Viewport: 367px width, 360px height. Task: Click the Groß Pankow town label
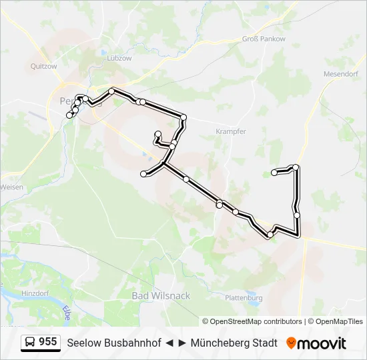coord(264,39)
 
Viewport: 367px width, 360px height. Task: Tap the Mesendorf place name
coord(340,74)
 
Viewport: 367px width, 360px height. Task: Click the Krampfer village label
coord(231,132)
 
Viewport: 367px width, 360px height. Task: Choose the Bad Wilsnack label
coord(161,295)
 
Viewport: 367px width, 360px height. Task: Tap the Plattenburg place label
coord(245,297)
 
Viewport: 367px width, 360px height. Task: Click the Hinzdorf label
coord(35,293)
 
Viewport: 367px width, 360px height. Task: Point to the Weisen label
coord(11,187)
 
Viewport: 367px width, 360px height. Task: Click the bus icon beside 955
coord(30,343)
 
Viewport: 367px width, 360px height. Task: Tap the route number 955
coord(47,342)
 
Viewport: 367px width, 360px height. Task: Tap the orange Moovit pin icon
coord(291,343)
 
